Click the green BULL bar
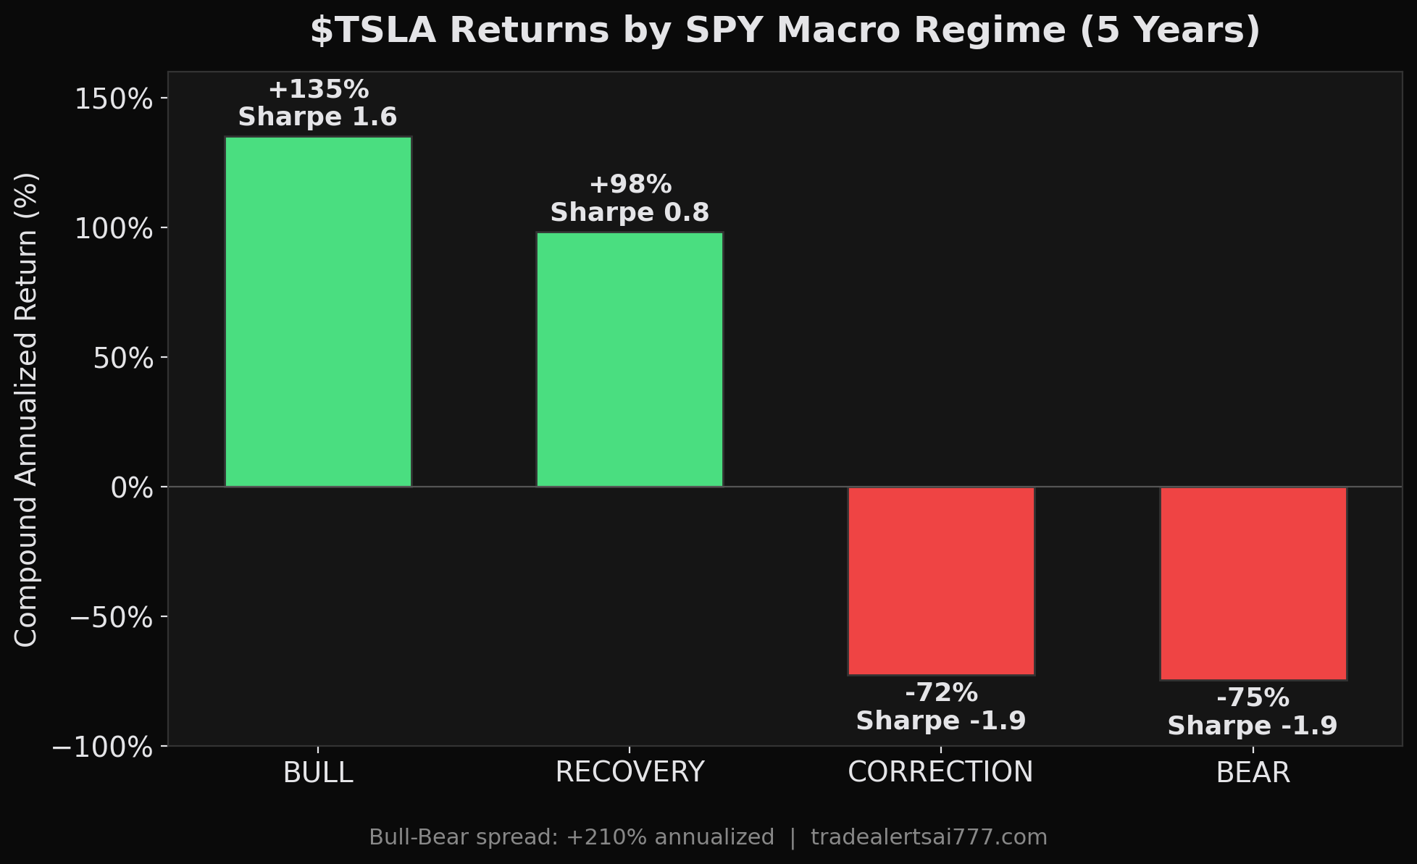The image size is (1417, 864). tap(318, 311)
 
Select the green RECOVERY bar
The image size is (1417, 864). tap(630, 359)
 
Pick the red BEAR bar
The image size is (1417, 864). tap(1253, 584)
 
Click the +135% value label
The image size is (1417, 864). tap(318, 90)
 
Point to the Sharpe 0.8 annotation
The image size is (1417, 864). tap(630, 213)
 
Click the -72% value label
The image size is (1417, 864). tap(941, 693)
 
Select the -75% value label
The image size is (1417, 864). tap(1253, 698)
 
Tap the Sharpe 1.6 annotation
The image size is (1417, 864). tap(318, 117)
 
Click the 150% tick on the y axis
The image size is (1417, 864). tap(114, 99)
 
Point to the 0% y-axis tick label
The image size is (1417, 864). tap(132, 488)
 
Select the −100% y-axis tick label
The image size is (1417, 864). tap(103, 747)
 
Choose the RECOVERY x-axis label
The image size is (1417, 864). tap(630, 773)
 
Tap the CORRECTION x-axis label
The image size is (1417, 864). tap(940, 773)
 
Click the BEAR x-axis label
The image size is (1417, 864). tap(1253, 773)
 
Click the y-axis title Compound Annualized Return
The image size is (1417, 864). tap(26, 409)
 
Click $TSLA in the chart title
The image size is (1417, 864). tap(373, 31)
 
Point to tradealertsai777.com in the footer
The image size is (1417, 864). tap(929, 837)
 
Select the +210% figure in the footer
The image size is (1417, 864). tap(595, 837)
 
